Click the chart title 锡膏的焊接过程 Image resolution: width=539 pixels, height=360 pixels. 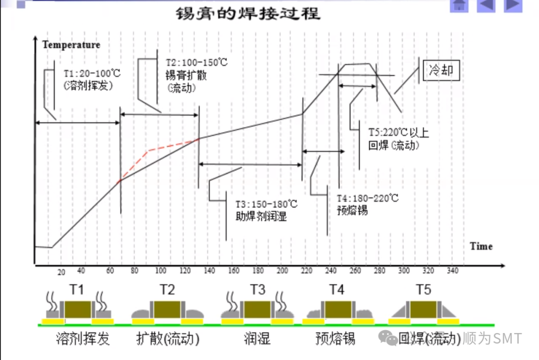tap(248, 14)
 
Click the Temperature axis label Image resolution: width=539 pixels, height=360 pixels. tap(71, 44)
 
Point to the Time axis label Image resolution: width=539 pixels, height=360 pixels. tap(481, 246)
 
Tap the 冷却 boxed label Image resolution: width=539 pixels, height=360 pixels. tap(441, 70)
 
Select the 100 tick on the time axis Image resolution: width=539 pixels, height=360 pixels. tap(161, 271)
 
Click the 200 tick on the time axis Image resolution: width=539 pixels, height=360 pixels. tap(282, 271)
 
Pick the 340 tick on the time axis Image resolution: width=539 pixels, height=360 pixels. tap(452, 271)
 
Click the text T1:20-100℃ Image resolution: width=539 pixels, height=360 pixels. tap(92, 73)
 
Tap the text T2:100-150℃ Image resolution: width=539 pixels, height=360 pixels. tap(197, 63)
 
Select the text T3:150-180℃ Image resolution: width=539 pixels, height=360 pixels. tap(267, 205)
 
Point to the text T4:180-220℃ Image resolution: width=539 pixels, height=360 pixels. tap(368, 198)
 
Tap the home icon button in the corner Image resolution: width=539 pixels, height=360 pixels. tap(460, 4)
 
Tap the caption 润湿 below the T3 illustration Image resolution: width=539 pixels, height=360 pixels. tap(258, 339)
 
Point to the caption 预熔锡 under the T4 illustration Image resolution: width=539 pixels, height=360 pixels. tap(336, 339)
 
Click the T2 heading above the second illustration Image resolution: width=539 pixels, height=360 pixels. tap(167, 290)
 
